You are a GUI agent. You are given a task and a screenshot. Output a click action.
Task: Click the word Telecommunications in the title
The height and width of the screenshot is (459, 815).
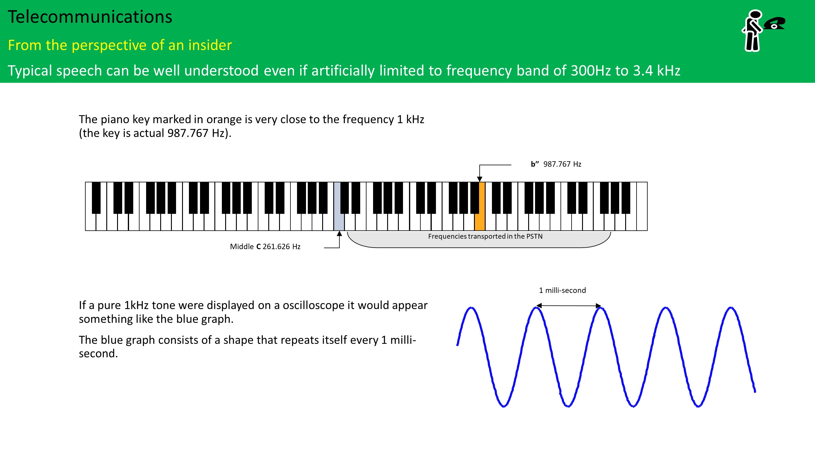point(90,17)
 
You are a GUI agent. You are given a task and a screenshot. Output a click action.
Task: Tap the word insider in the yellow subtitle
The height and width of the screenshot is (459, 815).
point(210,45)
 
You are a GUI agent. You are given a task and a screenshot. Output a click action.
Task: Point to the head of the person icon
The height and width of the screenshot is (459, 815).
point(755,15)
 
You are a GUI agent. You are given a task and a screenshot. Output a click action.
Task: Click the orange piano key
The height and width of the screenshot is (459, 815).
point(480,206)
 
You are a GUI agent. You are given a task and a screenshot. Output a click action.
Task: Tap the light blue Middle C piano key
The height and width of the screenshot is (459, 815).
point(339,206)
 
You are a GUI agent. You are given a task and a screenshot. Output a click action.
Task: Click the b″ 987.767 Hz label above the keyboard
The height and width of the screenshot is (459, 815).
point(556,164)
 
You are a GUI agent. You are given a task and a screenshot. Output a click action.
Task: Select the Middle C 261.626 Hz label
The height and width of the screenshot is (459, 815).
point(265,246)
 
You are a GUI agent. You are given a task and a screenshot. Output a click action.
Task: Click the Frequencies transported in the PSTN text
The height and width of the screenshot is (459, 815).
point(485,236)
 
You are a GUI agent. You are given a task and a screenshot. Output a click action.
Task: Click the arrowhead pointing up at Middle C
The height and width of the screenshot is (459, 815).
point(339,234)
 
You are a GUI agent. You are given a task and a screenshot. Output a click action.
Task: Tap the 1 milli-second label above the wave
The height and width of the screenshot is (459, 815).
point(562,290)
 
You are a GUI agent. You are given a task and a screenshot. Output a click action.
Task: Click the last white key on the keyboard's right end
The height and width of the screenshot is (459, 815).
point(642,206)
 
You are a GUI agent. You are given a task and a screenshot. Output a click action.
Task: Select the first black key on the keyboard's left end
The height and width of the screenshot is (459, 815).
point(96,198)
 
